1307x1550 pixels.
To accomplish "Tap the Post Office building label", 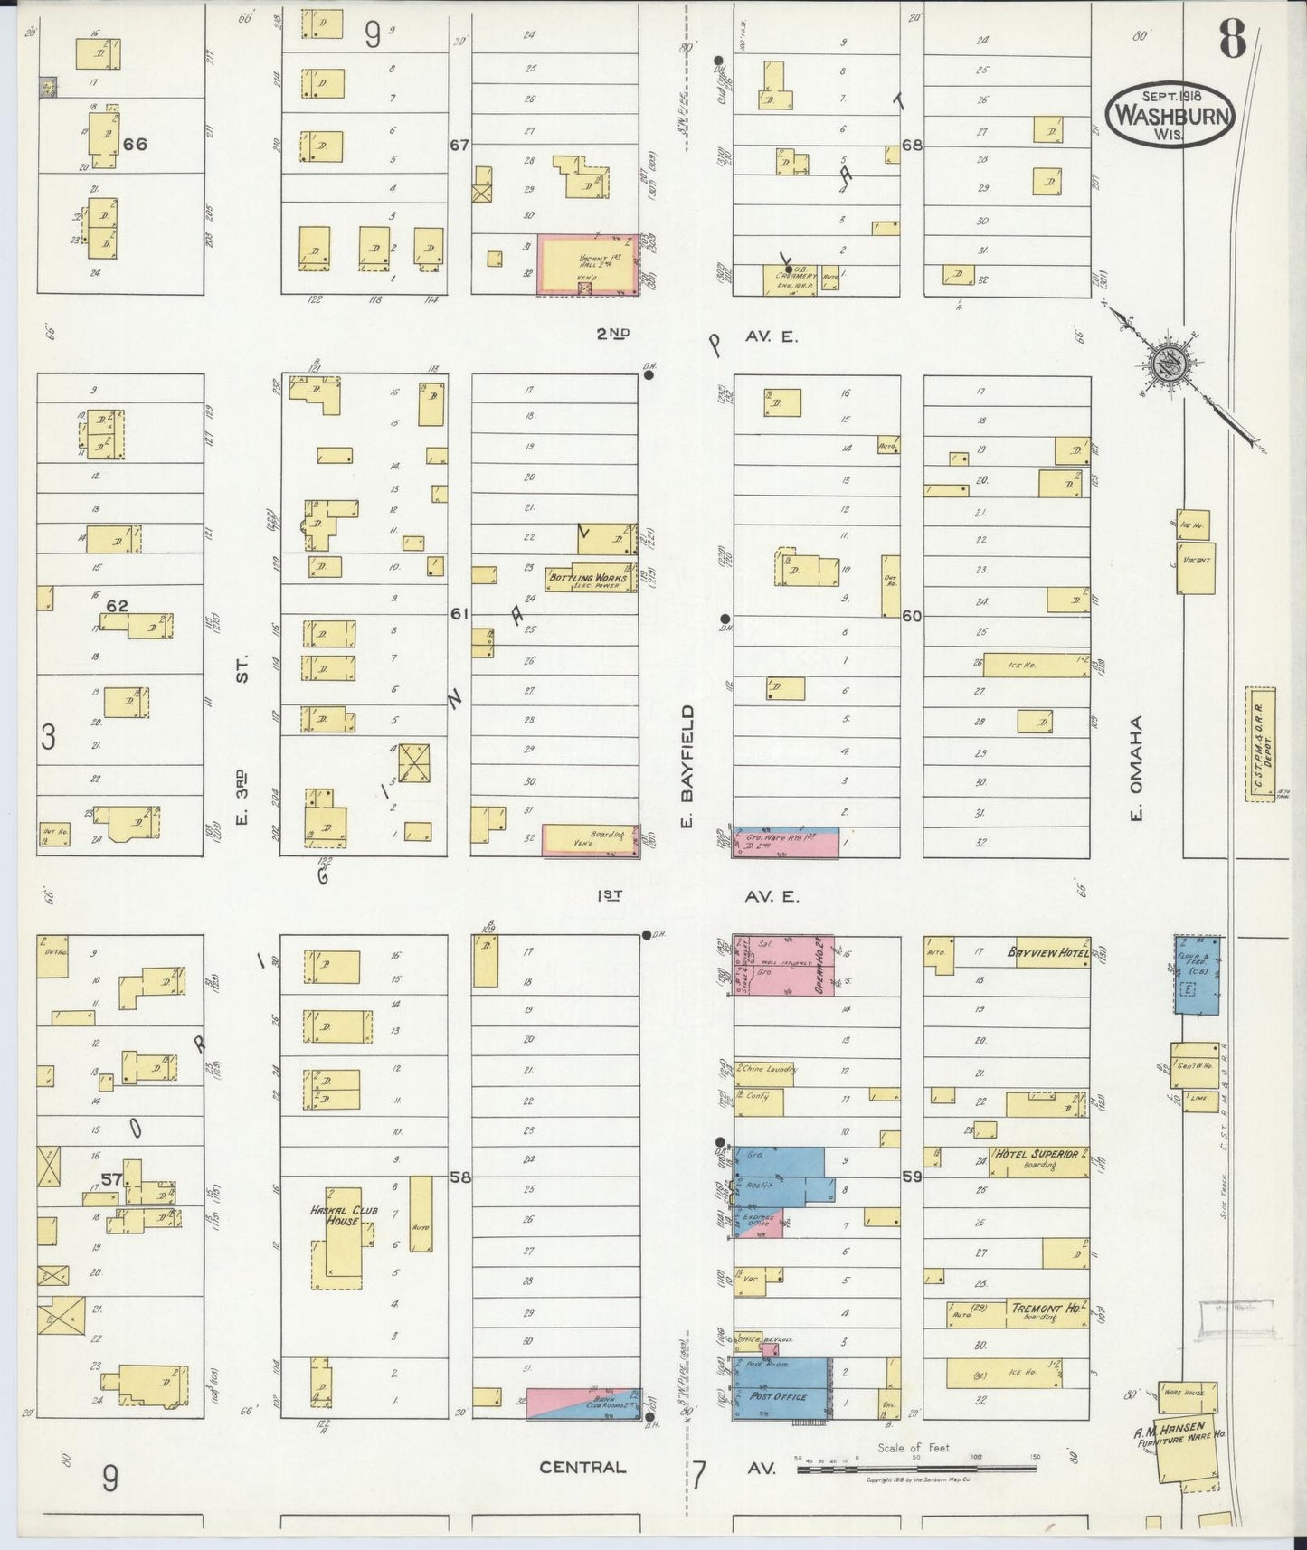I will point(778,1422).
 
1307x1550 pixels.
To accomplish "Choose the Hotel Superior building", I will point(1038,1160).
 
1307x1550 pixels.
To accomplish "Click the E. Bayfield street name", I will point(687,767).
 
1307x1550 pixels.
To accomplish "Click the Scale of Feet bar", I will point(917,1470).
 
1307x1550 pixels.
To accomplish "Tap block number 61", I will point(459,614).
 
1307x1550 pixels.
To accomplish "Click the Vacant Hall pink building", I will point(586,263).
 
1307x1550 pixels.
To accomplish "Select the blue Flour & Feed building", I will point(1198,974).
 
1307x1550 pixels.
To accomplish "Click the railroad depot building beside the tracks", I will point(1260,746).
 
